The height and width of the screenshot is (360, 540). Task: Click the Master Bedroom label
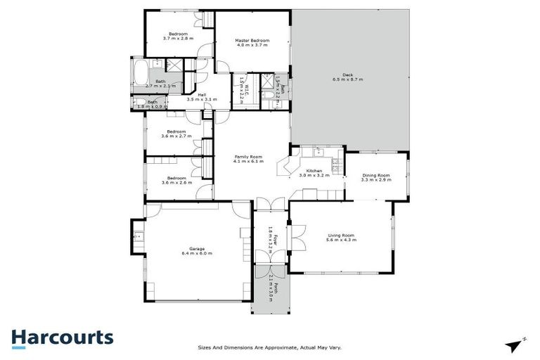click(252, 41)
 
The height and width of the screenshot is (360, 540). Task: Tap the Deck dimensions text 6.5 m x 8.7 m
click(347, 79)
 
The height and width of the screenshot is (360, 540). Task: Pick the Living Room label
click(341, 236)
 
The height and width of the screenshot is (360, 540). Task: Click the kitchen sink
click(318, 150)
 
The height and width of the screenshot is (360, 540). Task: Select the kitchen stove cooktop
click(336, 165)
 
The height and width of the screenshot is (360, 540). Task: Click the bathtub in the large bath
click(139, 72)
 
